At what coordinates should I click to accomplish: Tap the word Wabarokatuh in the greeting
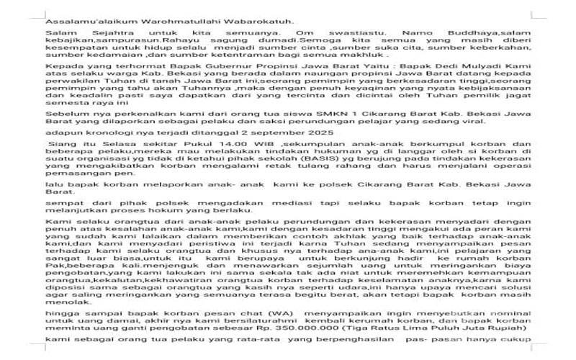260,21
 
